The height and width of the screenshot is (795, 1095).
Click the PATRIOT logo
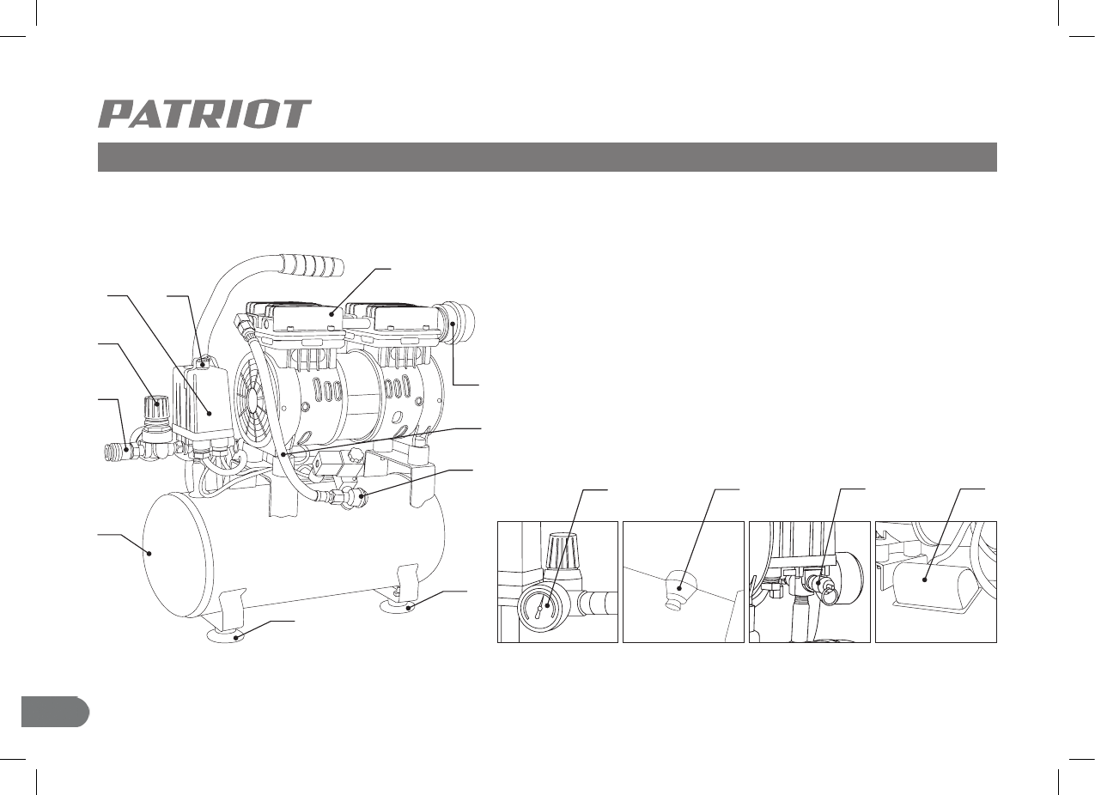click(x=204, y=114)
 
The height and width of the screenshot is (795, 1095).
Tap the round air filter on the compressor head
click(x=460, y=323)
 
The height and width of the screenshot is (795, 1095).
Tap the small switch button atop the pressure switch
click(x=204, y=364)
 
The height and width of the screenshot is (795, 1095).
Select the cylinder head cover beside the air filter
click(x=400, y=323)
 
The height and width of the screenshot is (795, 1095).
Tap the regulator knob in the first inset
click(x=559, y=545)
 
